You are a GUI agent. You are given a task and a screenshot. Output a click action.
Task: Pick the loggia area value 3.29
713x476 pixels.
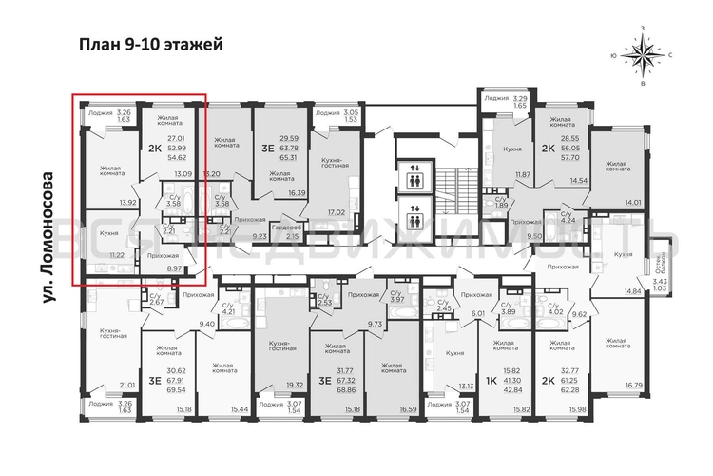tap(520, 98)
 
